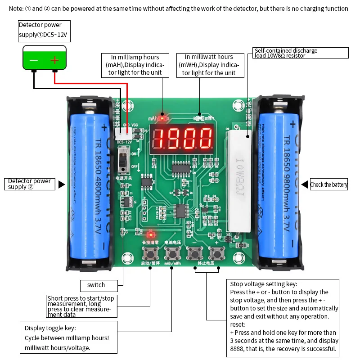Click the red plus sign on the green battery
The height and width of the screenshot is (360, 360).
click(54, 60)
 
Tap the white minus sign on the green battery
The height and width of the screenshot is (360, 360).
click(34, 60)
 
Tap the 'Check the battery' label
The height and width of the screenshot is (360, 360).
click(329, 184)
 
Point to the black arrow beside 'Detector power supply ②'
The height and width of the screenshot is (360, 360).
click(62, 184)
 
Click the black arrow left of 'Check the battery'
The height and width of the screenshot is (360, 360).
click(304, 184)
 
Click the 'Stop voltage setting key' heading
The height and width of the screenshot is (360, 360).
click(264, 284)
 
